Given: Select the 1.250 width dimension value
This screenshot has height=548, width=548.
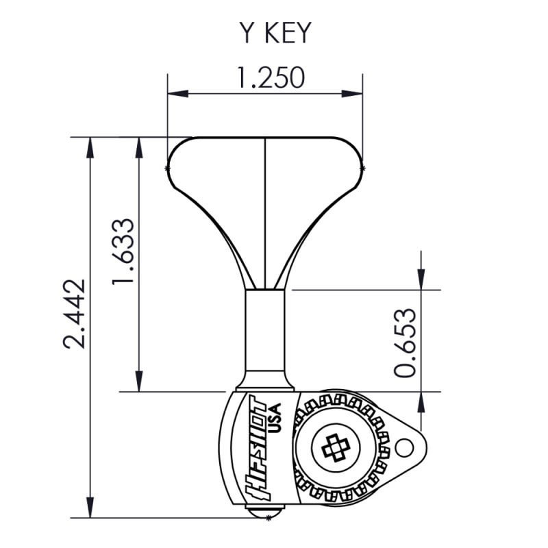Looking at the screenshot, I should tap(270, 77).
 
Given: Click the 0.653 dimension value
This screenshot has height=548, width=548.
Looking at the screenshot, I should tap(406, 342).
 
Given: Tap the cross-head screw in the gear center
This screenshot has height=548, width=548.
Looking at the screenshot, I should tap(335, 449).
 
